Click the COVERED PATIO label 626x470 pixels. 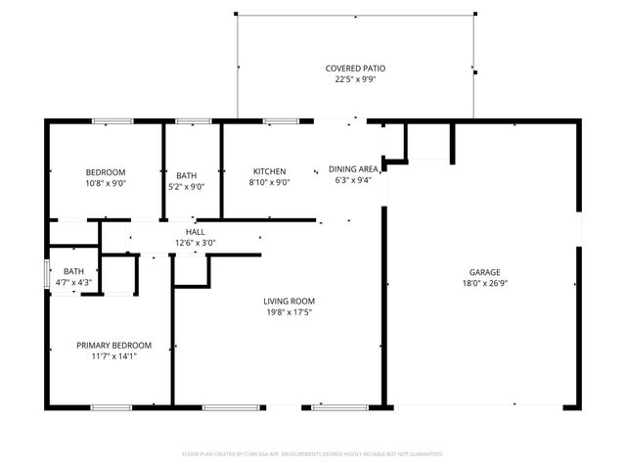tap(355, 69)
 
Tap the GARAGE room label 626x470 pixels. tap(484, 272)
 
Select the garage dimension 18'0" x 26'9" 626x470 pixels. tap(484, 284)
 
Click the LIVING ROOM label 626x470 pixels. tap(288, 302)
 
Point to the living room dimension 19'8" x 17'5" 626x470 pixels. tap(288, 313)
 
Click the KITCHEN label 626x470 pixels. tap(269, 171)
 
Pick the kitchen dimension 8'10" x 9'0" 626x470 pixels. tap(269, 182)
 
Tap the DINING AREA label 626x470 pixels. tap(353, 169)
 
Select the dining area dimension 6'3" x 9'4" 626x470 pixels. tap(353, 181)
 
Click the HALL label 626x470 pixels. tap(195, 232)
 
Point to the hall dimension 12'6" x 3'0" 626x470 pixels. tap(195, 243)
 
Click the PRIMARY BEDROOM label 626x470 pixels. tap(114, 345)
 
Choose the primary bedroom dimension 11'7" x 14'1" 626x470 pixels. tap(114, 356)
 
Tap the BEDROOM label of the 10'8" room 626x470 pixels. tap(106, 171)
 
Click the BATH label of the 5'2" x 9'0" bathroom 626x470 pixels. tap(186, 175)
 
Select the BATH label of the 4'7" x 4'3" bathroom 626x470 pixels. tap(73, 272)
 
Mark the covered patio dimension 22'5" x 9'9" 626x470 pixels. tap(355, 80)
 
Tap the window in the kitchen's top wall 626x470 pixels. tap(281, 121)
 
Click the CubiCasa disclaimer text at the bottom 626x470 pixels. tap(313, 454)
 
